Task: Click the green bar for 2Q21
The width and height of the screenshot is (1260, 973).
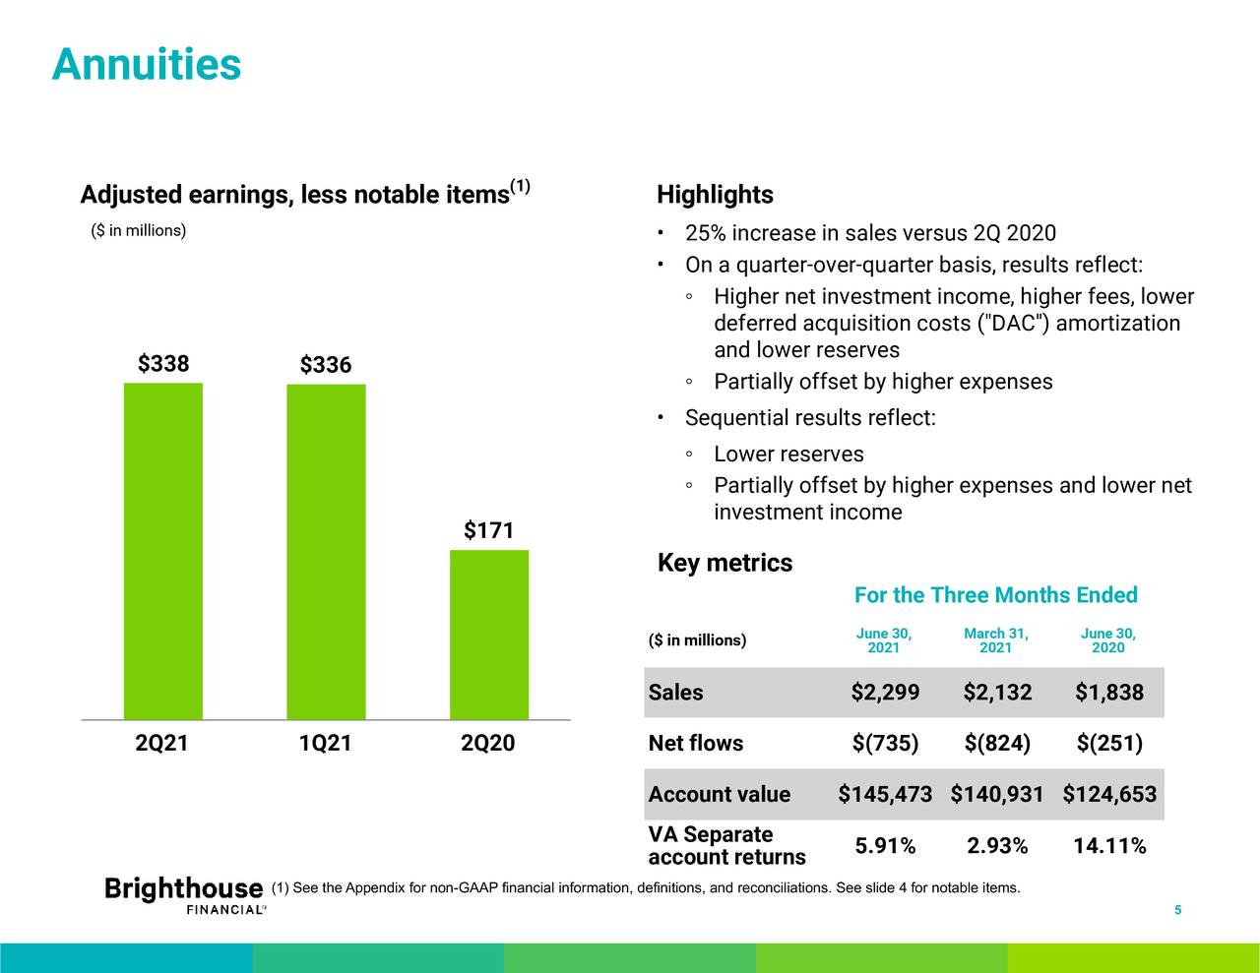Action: tap(162, 551)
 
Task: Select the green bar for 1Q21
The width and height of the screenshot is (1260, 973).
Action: tap(326, 552)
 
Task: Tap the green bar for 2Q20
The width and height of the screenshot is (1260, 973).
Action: tap(489, 635)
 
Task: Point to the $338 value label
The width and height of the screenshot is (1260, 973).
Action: tap(163, 364)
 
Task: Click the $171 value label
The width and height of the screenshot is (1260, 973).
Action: tap(489, 531)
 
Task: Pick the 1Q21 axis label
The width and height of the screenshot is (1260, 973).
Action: tap(325, 744)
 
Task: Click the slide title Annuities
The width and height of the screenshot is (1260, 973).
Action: tap(146, 65)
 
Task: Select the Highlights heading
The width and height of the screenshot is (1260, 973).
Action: tap(715, 195)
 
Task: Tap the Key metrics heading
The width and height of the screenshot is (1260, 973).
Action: tap(724, 563)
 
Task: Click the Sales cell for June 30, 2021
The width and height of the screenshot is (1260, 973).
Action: tap(885, 693)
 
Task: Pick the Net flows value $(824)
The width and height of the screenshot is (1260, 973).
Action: tap(997, 744)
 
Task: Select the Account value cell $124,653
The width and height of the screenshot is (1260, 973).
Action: tap(1109, 795)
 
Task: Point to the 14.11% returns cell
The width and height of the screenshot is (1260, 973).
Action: tap(1109, 846)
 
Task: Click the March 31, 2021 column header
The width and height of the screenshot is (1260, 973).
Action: tap(996, 639)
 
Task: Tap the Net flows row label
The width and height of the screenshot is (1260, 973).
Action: tap(696, 744)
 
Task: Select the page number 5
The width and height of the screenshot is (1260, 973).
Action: tap(1177, 910)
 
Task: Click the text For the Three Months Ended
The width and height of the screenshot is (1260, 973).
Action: tap(995, 595)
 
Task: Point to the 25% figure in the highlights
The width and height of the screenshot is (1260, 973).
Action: tap(705, 233)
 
